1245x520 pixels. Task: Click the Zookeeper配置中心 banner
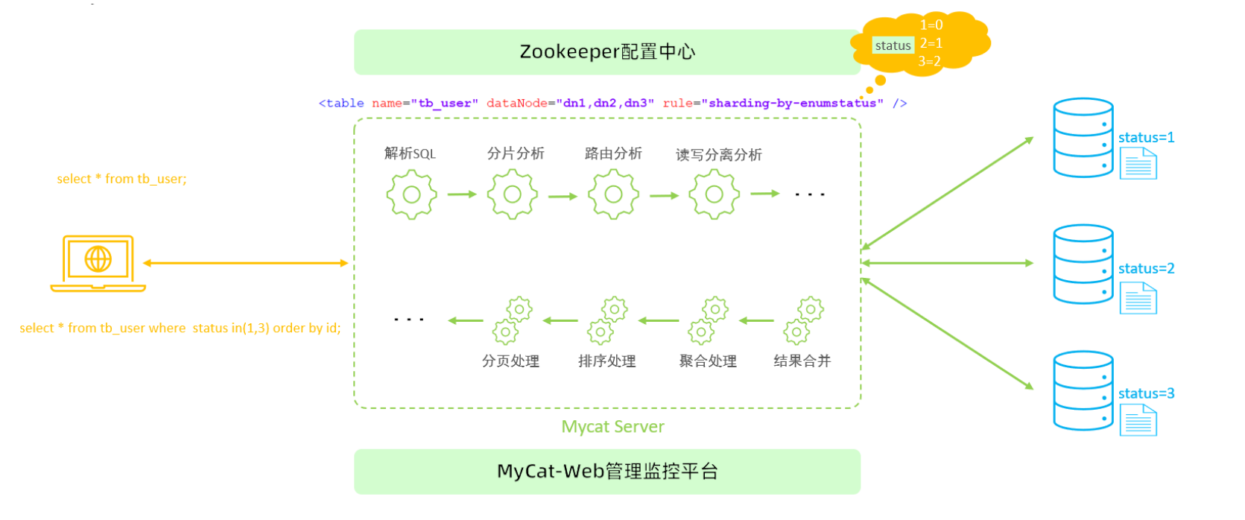point(607,52)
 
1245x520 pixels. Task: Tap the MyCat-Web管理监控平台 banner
point(607,472)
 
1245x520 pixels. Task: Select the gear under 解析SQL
point(411,194)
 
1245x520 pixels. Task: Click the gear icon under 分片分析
point(513,194)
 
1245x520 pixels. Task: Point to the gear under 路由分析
point(613,194)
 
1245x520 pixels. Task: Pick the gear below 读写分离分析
point(714,194)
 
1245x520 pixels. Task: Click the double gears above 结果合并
point(803,321)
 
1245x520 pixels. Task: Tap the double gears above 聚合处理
point(708,321)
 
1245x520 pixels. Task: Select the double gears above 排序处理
point(607,321)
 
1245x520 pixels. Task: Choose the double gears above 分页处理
point(512,321)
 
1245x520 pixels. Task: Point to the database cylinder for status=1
point(1083,138)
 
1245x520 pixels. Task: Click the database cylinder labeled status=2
point(1083,264)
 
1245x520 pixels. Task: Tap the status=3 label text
point(1146,393)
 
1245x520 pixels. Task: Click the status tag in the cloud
point(893,45)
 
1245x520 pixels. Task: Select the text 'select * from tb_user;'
point(121,179)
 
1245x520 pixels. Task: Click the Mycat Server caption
point(612,427)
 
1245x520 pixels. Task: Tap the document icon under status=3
point(1138,420)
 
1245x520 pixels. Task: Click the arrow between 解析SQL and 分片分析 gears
point(462,194)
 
